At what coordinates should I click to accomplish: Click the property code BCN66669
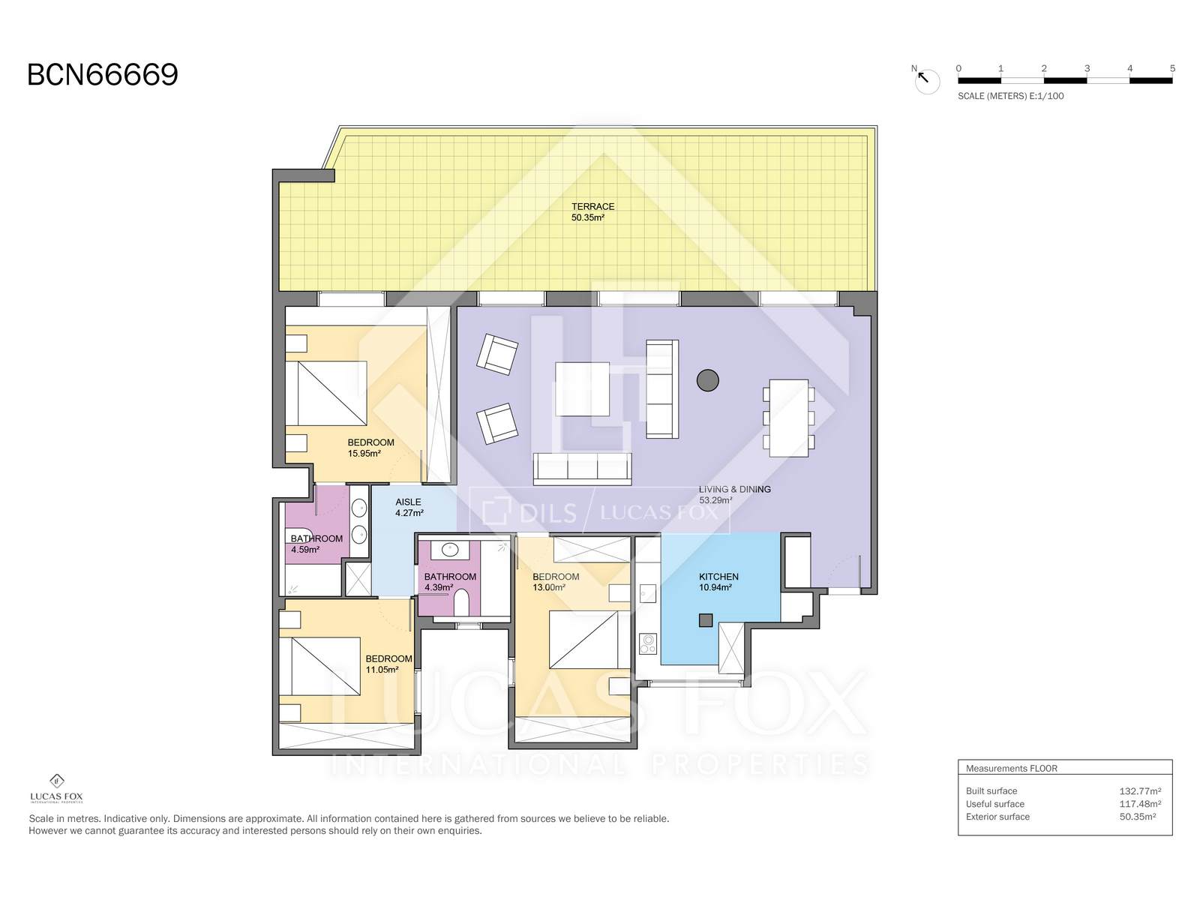pyautogui.click(x=103, y=75)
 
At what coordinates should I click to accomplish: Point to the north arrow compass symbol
pyautogui.click(x=926, y=80)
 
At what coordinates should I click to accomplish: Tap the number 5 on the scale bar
pyautogui.click(x=1172, y=68)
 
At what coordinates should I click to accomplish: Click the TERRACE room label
pyautogui.click(x=592, y=206)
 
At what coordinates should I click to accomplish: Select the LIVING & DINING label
pyautogui.click(x=735, y=489)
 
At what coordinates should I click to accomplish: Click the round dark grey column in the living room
pyautogui.click(x=707, y=380)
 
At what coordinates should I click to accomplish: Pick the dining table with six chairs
pyautogui.click(x=788, y=418)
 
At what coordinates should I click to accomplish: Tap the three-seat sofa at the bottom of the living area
pyautogui.click(x=582, y=468)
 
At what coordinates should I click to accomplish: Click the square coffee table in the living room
pyautogui.click(x=582, y=388)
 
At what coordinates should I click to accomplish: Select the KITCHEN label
pyautogui.click(x=718, y=577)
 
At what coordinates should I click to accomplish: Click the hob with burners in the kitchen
pyautogui.click(x=648, y=643)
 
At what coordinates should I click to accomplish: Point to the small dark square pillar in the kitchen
pyautogui.click(x=706, y=620)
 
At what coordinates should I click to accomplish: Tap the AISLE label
pyautogui.click(x=409, y=502)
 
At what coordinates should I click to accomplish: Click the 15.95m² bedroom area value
pyautogui.click(x=364, y=454)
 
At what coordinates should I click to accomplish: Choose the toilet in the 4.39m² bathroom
pyautogui.click(x=461, y=601)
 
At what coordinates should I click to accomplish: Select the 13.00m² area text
pyautogui.click(x=549, y=587)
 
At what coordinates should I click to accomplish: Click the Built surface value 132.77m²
pyautogui.click(x=1141, y=790)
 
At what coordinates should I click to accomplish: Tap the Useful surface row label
pyautogui.click(x=995, y=804)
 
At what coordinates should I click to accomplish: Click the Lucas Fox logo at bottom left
pyautogui.click(x=56, y=788)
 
